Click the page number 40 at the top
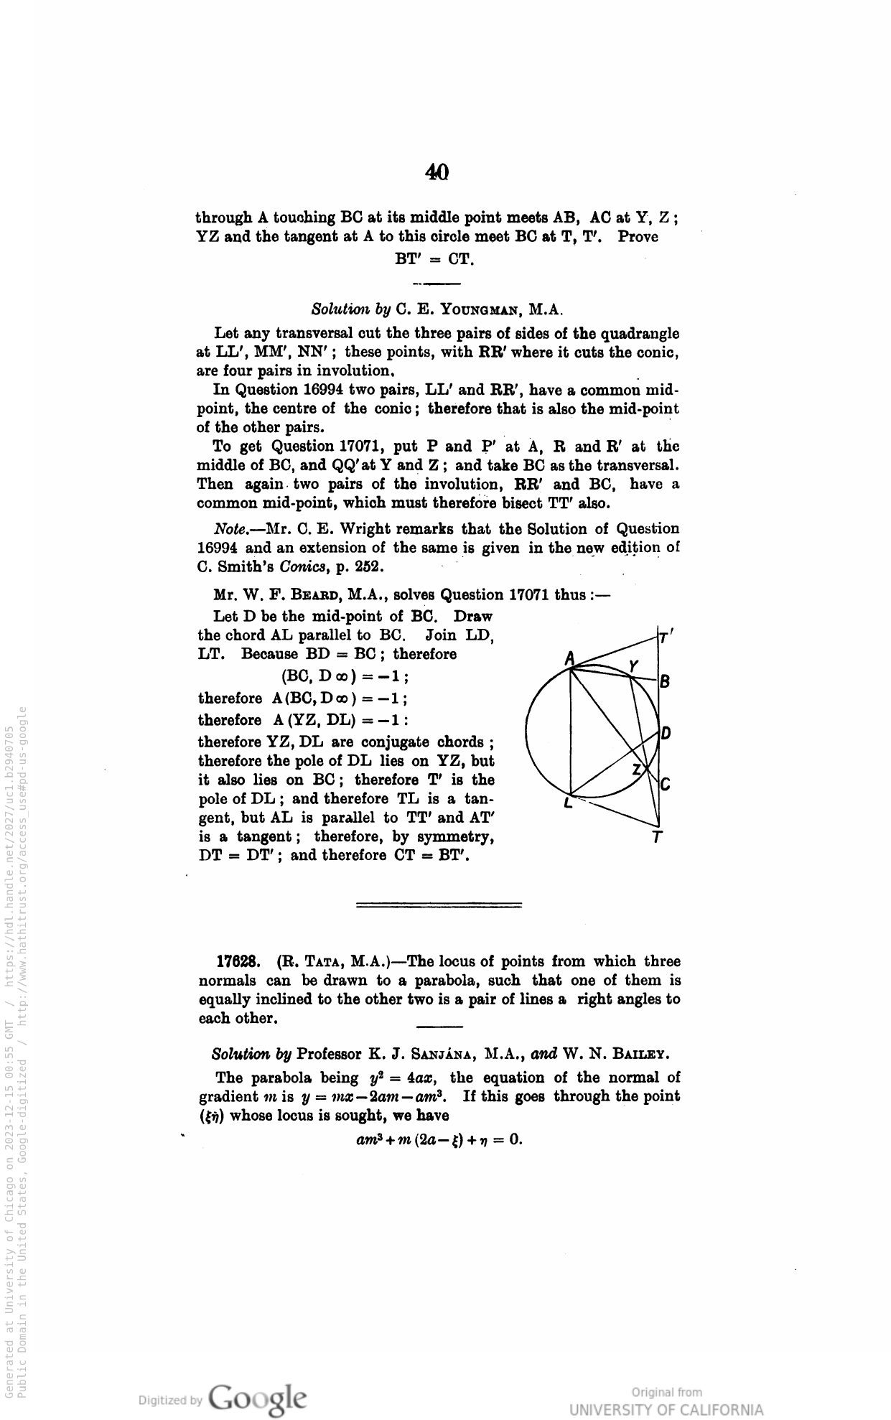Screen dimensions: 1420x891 click(437, 172)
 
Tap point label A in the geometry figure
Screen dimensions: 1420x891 click(569, 658)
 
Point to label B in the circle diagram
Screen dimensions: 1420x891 click(665, 681)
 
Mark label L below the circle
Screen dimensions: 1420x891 click(568, 804)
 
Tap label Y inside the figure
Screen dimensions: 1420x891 click(633, 665)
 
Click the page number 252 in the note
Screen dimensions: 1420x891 click(369, 566)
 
